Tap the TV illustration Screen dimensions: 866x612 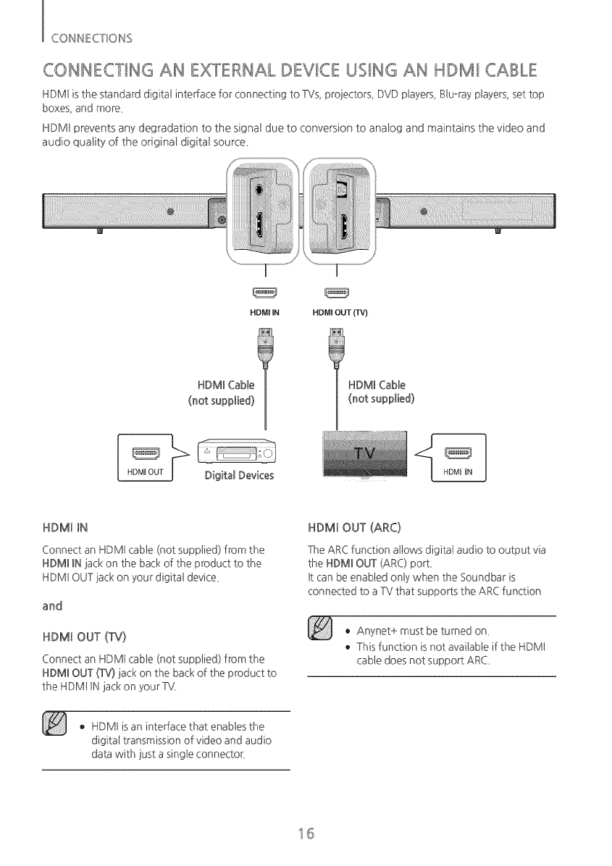366,455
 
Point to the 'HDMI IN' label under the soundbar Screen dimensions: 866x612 264,314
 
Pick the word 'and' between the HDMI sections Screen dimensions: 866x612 52,605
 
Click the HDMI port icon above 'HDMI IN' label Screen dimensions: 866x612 264,293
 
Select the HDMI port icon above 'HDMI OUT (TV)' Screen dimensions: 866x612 338,293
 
